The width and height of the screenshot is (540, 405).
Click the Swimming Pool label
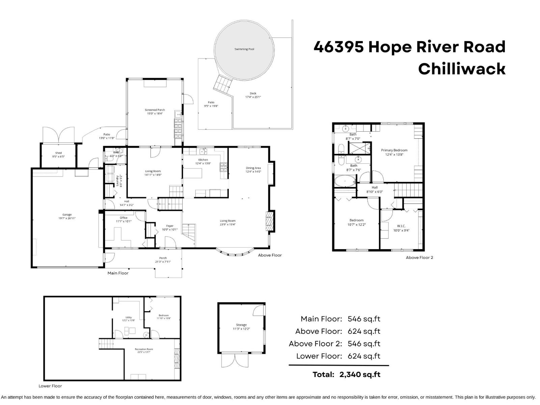tap(244, 49)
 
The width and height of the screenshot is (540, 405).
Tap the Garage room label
tap(67, 215)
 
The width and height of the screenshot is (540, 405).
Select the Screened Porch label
tap(155, 110)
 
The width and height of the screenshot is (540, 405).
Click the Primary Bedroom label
tap(394, 151)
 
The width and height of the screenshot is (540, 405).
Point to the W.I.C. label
tap(401, 226)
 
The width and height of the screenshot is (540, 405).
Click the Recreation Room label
tap(144, 349)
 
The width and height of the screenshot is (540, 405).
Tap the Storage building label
tap(241, 325)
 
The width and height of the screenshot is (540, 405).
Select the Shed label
tap(58, 153)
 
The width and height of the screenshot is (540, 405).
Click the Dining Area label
tap(253, 168)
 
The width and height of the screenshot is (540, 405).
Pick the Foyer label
tap(169, 226)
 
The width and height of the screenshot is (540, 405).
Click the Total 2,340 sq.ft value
tap(360, 374)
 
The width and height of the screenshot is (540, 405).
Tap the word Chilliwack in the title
tap(461, 69)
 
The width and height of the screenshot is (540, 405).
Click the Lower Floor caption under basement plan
tap(50, 386)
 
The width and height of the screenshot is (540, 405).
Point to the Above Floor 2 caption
tap(419, 258)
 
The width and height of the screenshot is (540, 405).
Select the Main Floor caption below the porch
tap(118, 273)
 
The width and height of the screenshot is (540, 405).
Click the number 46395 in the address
tap(339, 47)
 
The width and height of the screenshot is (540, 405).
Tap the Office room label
tap(124, 218)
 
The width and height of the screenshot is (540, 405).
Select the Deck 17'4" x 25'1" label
tap(253, 95)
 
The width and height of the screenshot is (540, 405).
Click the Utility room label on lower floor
tap(129, 318)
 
